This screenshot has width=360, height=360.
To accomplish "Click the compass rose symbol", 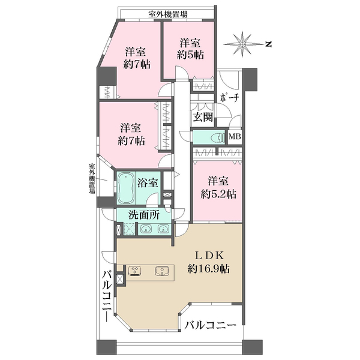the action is (242, 44).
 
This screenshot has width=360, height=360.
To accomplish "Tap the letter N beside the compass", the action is (268, 44).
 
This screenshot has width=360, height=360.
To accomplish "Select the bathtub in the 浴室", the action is (125, 188).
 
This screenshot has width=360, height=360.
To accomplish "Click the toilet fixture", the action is (218, 138).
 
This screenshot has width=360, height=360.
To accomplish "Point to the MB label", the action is (235, 137).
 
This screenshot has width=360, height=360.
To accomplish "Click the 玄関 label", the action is (203, 117).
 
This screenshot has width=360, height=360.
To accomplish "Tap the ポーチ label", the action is (230, 98).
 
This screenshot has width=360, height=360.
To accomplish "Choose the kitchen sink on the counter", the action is (162, 271).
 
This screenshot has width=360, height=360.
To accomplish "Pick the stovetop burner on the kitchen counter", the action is (134, 271).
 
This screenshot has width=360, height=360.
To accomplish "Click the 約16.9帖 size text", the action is (208, 268).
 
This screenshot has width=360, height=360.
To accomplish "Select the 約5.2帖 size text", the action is (218, 194).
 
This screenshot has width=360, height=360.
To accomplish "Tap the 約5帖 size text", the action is (190, 55).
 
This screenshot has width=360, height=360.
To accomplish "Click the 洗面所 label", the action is (144, 215).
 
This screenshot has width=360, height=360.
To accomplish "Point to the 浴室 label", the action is (148, 183).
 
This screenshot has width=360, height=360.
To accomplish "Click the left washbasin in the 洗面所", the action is (146, 229).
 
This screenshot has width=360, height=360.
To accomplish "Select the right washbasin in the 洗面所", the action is (163, 229).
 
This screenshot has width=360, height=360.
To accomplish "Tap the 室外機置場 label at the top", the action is (168, 14).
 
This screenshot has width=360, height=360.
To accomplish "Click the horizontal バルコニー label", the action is (211, 325).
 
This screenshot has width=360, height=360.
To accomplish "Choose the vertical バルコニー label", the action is (107, 296).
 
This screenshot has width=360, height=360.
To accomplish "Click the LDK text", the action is (209, 256).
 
